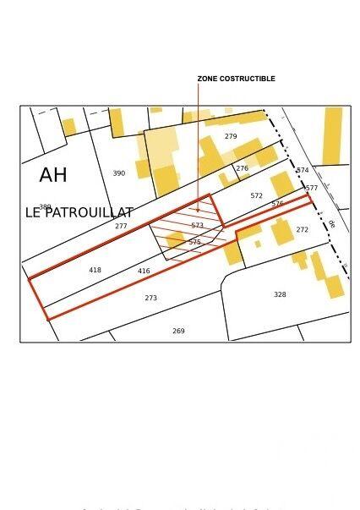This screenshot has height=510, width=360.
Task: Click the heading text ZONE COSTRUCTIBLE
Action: pyautogui.click(x=236, y=79)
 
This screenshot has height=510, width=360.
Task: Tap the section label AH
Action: pyautogui.click(x=53, y=175)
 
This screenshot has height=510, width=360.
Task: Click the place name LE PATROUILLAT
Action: pyautogui.click(x=79, y=212)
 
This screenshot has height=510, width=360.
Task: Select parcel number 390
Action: pyautogui.click(x=119, y=173)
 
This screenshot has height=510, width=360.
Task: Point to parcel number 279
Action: pyautogui.click(x=231, y=136)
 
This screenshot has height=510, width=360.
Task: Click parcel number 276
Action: pyautogui.click(x=242, y=168)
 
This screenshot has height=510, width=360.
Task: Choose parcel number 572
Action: pyautogui.click(x=257, y=195)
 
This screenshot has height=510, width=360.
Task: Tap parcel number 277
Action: pyautogui.click(x=121, y=226)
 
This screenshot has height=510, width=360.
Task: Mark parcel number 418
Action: pyautogui.click(x=95, y=270)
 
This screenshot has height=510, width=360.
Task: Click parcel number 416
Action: pyautogui.click(x=144, y=271)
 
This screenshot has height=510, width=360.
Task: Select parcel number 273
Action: pyautogui.click(x=150, y=298)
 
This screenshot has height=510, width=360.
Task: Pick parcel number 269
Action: pyautogui.click(x=178, y=331)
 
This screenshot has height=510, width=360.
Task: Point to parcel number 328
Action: pyautogui.click(x=280, y=294)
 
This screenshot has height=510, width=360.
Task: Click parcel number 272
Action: pyautogui.click(x=303, y=229)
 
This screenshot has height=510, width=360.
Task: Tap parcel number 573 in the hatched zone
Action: pyautogui.click(x=198, y=225)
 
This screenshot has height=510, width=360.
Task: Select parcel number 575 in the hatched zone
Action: pyautogui.click(x=195, y=242)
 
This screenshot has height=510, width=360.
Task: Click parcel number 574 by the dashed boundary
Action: pyautogui.click(x=303, y=170)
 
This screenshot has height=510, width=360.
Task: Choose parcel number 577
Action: pyautogui.click(x=312, y=188)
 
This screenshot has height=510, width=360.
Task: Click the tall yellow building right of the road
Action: pyautogui.click(x=332, y=135)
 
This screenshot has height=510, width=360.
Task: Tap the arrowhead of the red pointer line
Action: pyautogui.click(x=198, y=210)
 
